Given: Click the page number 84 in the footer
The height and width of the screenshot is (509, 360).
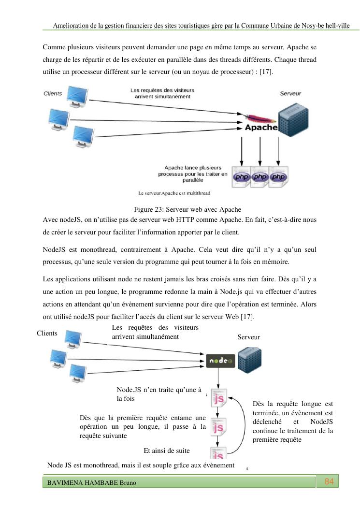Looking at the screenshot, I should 329,481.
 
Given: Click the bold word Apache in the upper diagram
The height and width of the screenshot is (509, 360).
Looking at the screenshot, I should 261,128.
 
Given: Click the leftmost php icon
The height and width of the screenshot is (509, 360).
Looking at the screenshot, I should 241,177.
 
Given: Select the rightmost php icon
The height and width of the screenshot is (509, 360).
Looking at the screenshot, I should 278,177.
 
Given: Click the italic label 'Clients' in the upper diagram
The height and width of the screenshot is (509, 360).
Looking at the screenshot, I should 53,93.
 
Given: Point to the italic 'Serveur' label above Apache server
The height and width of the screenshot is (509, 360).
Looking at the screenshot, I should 291,93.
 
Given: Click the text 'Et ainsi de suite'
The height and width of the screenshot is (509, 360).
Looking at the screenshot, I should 167,451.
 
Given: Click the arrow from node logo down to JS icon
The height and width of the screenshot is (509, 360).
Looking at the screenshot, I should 219,377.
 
